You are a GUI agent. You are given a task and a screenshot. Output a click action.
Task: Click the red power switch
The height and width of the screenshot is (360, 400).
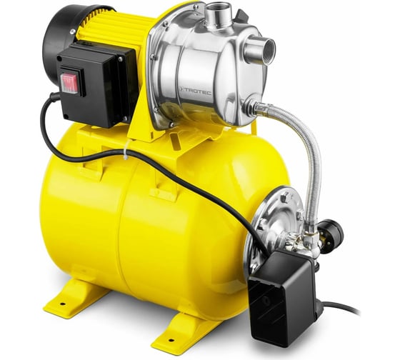pyautogui.click(x=69, y=82)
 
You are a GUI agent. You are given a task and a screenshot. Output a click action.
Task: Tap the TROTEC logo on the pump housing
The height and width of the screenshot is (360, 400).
pyautogui.click(x=196, y=91)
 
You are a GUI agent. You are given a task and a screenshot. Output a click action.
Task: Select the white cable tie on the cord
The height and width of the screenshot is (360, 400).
pyautogui.click(x=126, y=150)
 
